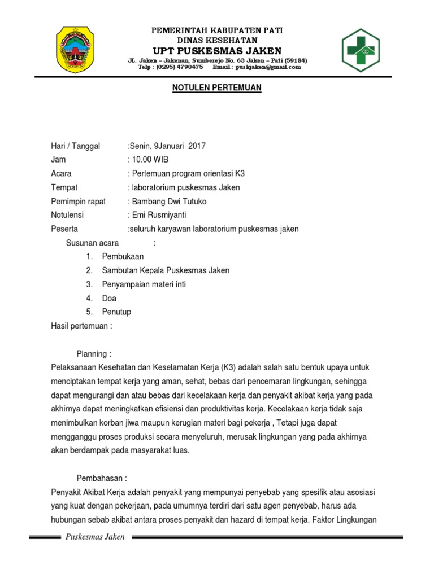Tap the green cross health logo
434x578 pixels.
pyautogui.click(x=360, y=50)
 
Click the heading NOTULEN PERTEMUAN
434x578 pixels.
pyautogui.click(x=216, y=89)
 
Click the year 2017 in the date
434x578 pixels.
pyautogui.click(x=197, y=146)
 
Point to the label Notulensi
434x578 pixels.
pyautogui.click(x=68, y=215)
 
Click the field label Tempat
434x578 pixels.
pyautogui.click(x=64, y=187)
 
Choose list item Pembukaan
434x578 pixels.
pyautogui.click(x=123, y=257)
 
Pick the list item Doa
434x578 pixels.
pyautogui.click(x=109, y=298)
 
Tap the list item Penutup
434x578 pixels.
pyautogui.click(x=116, y=312)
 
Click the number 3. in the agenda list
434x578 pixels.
pyautogui.click(x=89, y=284)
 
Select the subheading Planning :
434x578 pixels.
pyautogui.click(x=94, y=354)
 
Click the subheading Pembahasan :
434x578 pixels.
pyautogui.click(x=102, y=478)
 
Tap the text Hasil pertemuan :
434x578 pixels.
pyautogui.click(x=81, y=326)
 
